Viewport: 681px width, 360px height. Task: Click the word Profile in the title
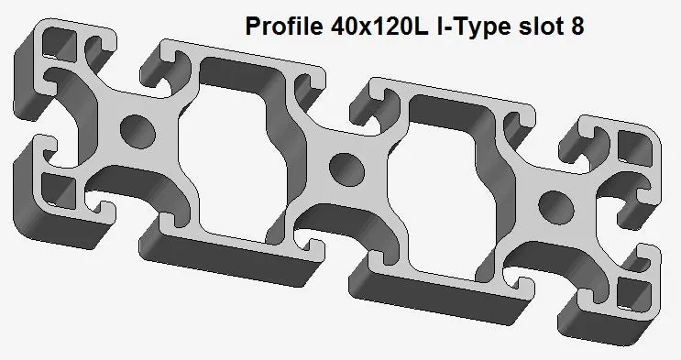pos(284,26)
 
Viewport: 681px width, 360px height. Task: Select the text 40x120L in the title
pos(379,26)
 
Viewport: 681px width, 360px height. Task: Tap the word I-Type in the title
pos(474,27)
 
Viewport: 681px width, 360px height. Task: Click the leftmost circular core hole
pos(137,130)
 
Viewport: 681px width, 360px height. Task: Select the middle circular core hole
pos(346,169)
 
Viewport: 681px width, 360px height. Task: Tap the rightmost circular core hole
pos(556,207)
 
